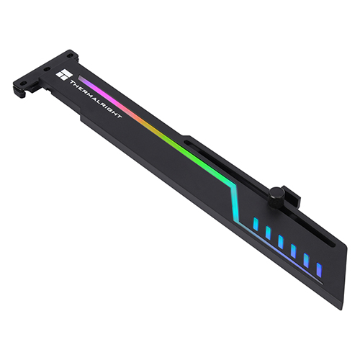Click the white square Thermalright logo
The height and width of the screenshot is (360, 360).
click(x=63, y=76)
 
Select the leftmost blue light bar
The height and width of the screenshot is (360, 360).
click(x=256, y=224)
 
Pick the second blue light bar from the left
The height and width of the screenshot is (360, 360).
click(x=268, y=233)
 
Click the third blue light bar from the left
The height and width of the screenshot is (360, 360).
click(x=281, y=241)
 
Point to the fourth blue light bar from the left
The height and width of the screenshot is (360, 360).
click(x=293, y=251)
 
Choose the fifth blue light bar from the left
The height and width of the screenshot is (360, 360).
click(x=306, y=260)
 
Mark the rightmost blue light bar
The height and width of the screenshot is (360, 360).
click(x=319, y=269)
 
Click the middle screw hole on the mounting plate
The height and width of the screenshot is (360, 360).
click(x=46, y=69)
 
